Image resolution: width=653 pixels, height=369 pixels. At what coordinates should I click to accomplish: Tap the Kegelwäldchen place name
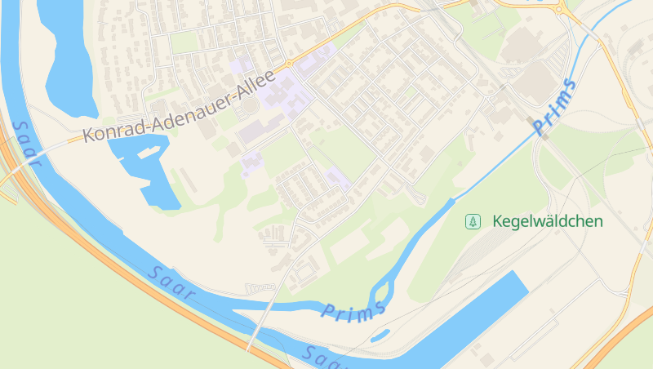coord(548,221)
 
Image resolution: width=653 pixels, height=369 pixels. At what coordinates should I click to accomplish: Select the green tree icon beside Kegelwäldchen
coord(472,221)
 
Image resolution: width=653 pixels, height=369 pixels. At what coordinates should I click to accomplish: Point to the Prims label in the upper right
coord(554,107)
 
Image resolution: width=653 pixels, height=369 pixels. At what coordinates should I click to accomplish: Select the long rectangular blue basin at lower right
coord(482,314)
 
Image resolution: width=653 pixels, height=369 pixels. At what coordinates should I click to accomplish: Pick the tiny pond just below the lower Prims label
coord(378,335)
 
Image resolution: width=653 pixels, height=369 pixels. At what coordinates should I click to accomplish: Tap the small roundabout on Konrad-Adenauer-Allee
coord(288,64)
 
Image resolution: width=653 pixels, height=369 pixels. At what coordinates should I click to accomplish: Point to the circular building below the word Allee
coord(251,105)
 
